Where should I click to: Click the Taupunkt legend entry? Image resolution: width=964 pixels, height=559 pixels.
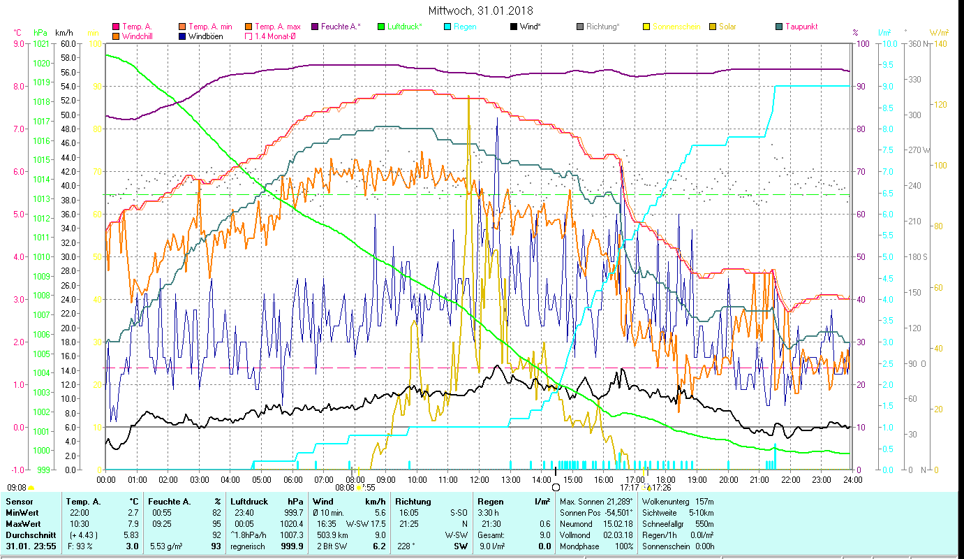pyautogui.click(x=801, y=27)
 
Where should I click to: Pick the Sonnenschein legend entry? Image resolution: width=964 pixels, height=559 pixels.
pyautogui.click(x=676, y=27)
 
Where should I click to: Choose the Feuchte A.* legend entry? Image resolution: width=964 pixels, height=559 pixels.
pyautogui.click(x=341, y=27)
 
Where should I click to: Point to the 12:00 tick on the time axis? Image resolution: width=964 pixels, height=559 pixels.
pyautogui.click(x=480, y=479)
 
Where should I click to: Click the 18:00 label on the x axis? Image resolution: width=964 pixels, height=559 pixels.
pyautogui.click(x=666, y=479)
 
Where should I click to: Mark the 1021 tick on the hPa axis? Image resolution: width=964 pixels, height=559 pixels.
pyautogui.click(x=41, y=43)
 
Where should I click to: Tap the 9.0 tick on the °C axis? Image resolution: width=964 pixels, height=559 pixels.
pyautogui.click(x=18, y=43)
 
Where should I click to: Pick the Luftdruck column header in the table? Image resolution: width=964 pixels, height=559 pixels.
pyautogui.click(x=249, y=501)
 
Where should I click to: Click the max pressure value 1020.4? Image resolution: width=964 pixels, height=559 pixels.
pyautogui.click(x=292, y=523)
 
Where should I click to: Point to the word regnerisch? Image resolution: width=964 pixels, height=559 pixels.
pyautogui.click(x=248, y=546)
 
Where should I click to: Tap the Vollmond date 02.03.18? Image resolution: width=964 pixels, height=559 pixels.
pyautogui.click(x=618, y=535)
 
